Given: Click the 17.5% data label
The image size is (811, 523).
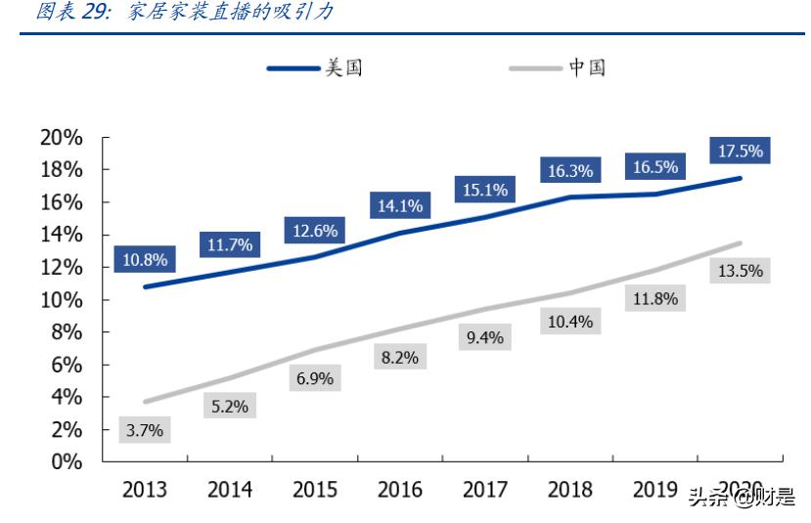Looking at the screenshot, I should [x=741, y=152].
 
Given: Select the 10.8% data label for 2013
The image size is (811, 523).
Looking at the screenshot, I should [x=145, y=260].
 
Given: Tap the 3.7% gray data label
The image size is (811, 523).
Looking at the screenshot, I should [x=145, y=428].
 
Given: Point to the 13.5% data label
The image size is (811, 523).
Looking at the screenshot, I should [x=740, y=271].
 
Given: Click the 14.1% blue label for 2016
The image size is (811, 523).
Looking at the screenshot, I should [x=399, y=205].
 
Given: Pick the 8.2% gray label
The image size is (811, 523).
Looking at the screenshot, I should [x=399, y=358].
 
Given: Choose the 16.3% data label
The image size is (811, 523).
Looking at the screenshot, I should [x=569, y=171].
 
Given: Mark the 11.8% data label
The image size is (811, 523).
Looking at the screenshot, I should [x=654, y=299].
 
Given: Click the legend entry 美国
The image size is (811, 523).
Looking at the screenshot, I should [x=343, y=67].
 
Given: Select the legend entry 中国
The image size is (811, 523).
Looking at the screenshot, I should [x=587, y=67].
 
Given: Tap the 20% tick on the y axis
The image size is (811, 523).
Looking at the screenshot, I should [x=61, y=138].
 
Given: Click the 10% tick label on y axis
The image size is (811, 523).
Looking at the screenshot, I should [x=61, y=300].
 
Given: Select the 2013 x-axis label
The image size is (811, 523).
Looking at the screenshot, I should [x=145, y=490].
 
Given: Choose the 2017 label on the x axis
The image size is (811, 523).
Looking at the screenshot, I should [x=484, y=490].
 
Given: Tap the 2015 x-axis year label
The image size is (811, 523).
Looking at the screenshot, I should [x=314, y=490].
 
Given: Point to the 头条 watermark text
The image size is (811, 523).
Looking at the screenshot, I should [x=709, y=499].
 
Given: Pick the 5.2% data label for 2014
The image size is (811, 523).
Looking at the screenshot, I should [x=229, y=407].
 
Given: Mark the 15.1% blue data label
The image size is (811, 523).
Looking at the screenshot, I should [x=484, y=190].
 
